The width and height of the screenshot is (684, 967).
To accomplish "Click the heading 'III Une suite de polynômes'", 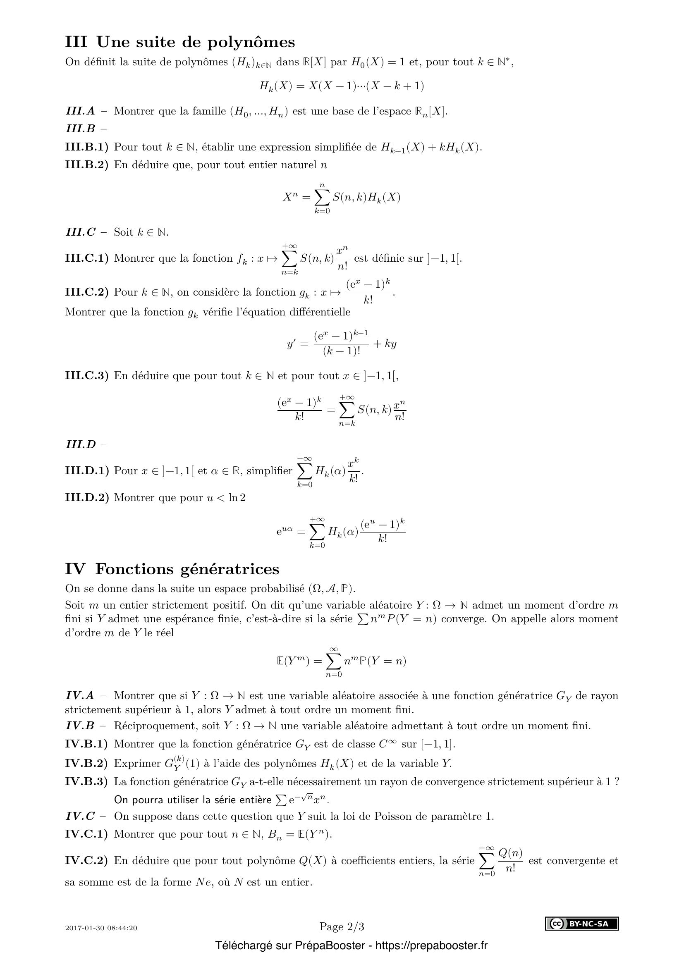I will click(x=180, y=42).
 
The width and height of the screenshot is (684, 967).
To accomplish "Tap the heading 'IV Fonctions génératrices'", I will click(x=172, y=569).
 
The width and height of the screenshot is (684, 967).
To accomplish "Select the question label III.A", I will click(x=80, y=111).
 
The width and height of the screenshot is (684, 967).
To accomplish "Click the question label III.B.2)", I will click(x=86, y=165).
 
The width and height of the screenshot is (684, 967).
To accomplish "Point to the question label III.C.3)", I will click(x=86, y=376).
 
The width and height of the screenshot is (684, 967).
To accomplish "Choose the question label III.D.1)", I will click(x=86, y=471).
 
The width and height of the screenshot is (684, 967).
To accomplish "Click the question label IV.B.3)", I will click(x=86, y=782).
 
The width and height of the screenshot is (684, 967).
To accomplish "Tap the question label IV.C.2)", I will click(x=86, y=860).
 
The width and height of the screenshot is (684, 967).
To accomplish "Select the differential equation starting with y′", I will click(x=342, y=344).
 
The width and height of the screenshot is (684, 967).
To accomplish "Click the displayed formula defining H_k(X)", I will click(x=342, y=86).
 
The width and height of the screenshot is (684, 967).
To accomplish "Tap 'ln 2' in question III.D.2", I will click(x=237, y=498).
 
